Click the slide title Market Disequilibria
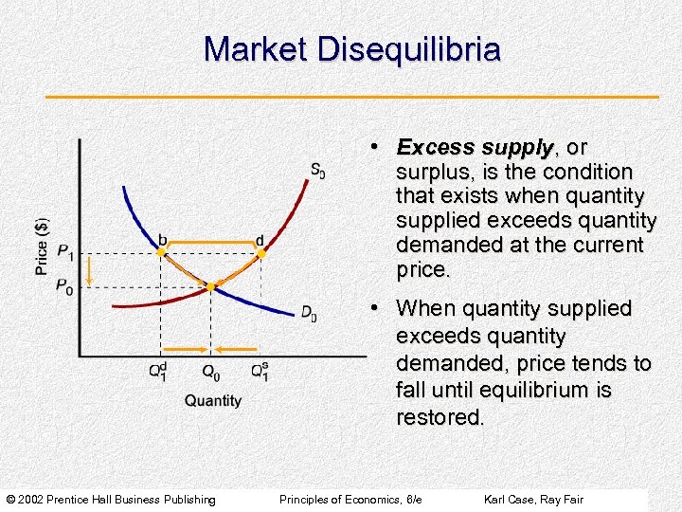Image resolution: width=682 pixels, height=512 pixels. (x=351, y=49)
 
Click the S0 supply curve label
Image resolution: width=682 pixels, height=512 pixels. (x=317, y=171)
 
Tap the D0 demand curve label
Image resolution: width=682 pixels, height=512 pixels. (x=309, y=313)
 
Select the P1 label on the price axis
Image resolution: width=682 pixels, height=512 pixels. (x=64, y=252)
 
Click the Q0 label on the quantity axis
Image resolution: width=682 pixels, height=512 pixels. (x=212, y=372)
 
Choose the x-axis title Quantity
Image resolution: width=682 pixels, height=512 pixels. (x=212, y=401)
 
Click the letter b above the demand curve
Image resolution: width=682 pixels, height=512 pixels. (x=162, y=239)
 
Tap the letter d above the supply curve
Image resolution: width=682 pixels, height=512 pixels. (x=260, y=239)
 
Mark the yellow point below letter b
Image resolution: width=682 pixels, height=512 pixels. (x=161, y=253)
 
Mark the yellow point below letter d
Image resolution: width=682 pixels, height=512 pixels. (x=260, y=253)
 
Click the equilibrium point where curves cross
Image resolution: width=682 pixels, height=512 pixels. (x=211, y=284)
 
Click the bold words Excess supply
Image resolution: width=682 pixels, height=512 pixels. (x=475, y=148)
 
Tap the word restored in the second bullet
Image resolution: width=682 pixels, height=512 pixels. (x=440, y=417)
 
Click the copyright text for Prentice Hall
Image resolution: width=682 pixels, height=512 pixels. (x=111, y=500)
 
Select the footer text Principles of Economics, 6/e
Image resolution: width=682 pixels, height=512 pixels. (x=350, y=500)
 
